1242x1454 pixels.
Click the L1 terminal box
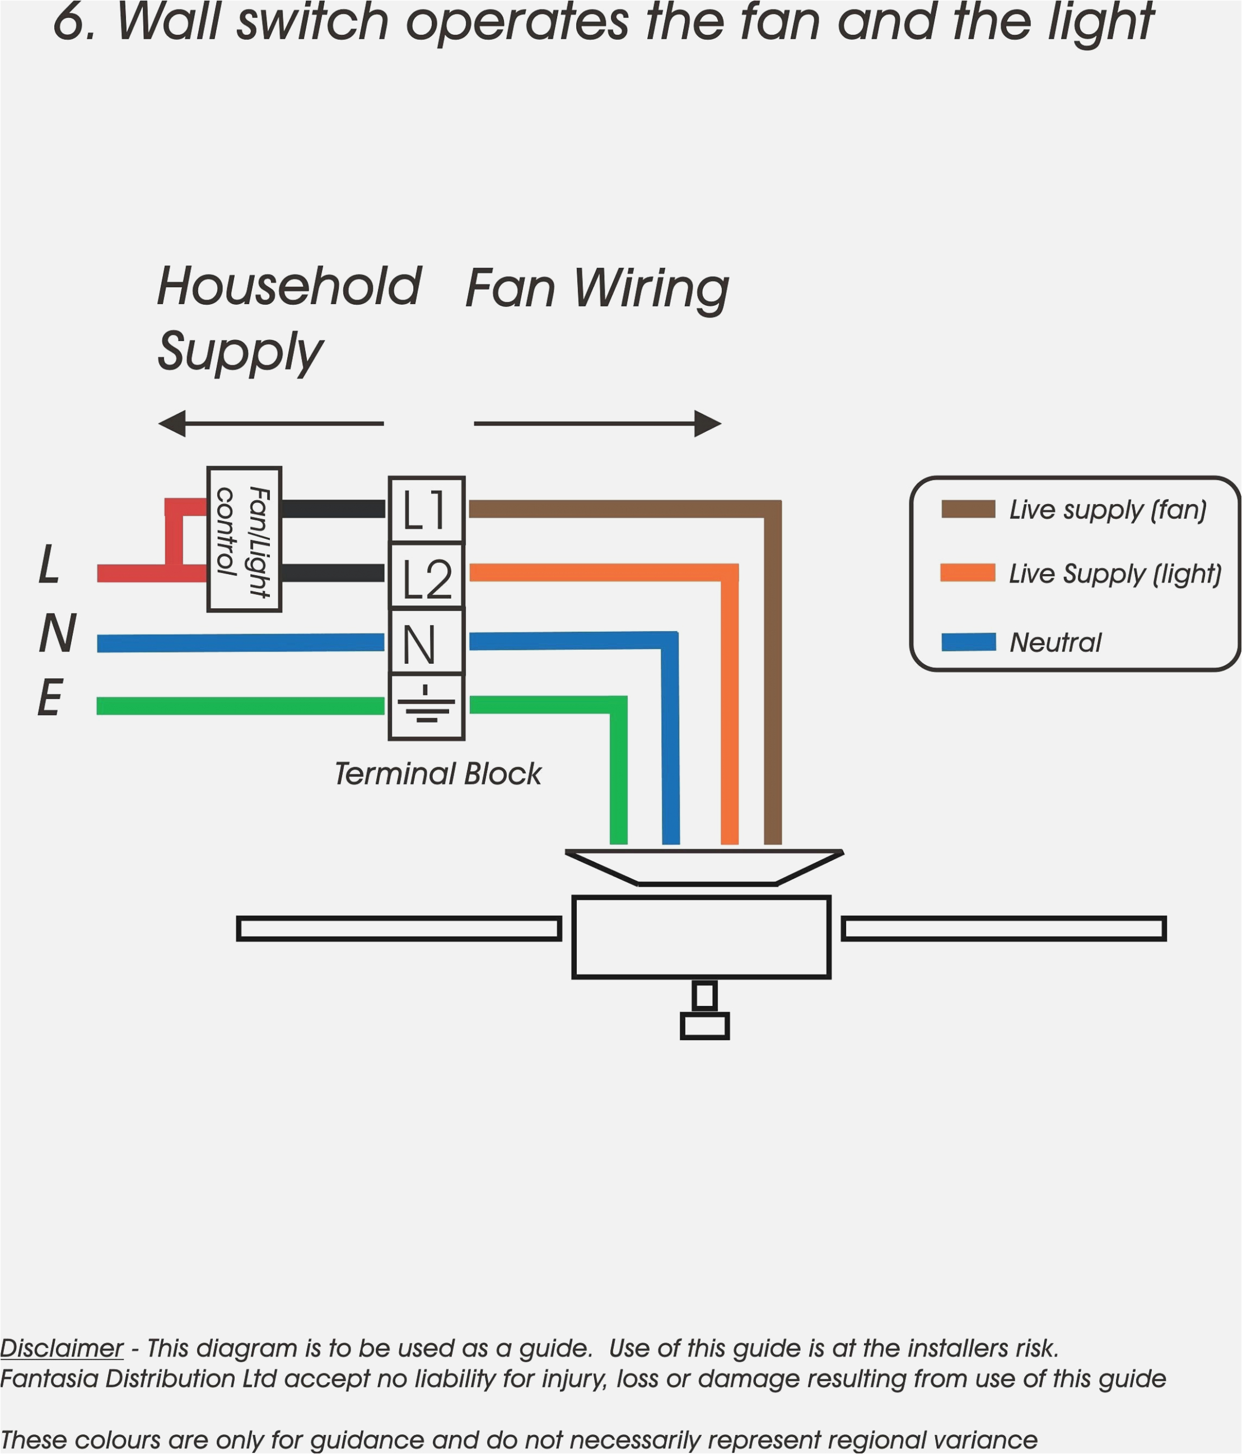point(426,510)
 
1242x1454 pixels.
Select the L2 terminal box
point(426,575)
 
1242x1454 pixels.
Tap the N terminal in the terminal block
point(426,641)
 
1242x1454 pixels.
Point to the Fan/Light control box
point(244,539)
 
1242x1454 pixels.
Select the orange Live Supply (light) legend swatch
point(968,572)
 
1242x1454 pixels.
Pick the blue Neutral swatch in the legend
point(968,641)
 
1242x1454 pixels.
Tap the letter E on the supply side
point(50,698)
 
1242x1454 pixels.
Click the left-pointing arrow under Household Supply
point(270,423)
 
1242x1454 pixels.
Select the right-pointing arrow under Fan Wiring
point(597,423)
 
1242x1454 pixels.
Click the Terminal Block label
point(438,774)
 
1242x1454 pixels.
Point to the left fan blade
point(399,929)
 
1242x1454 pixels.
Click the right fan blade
point(1003,929)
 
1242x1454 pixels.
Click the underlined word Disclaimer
point(62,1348)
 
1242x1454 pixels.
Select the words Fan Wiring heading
point(597,288)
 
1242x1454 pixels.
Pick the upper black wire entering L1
point(333,509)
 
